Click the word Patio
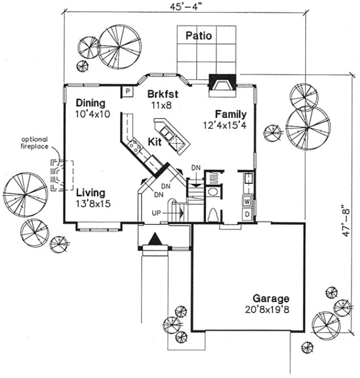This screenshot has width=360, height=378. [x=198, y=36]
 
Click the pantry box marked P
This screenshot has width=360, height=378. [x=127, y=91]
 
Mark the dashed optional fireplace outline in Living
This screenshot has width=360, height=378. [x=61, y=174]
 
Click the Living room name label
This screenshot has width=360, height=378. [x=91, y=192]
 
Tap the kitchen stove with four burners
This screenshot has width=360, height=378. [x=136, y=147]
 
